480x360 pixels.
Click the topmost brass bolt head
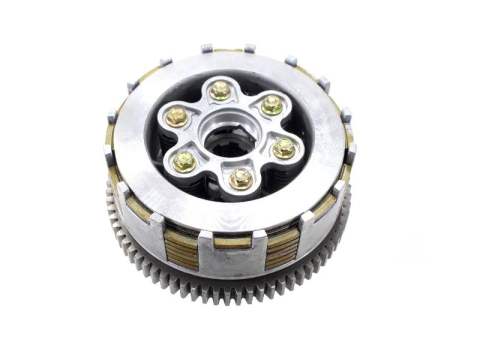pyautogui.click(x=219, y=90)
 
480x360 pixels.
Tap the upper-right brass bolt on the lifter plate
pyautogui.click(x=271, y=104)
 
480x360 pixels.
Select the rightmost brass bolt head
pyautogui.click(x=283, y=148)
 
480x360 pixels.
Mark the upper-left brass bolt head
pyautogui.click(x=176, y=116)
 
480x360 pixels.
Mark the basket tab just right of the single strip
pyautogui.click(x=260, y=236)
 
